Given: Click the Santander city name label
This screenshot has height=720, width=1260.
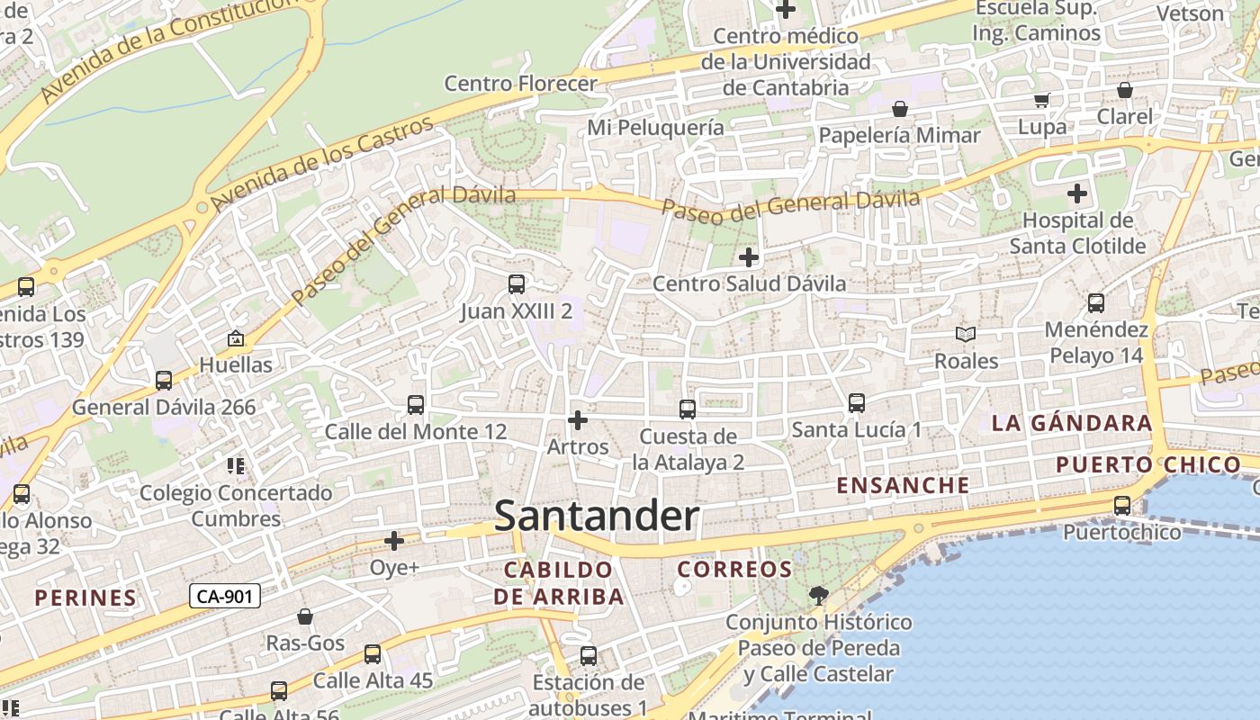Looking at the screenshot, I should point(597,517).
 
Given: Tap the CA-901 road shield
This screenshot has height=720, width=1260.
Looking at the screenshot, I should point(225,596).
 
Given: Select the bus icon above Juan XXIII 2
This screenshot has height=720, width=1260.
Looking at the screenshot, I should point(517,284).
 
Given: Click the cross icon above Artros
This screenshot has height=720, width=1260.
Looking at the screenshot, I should point(578,420).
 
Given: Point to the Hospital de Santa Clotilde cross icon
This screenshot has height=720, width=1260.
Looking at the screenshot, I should point(1077,193).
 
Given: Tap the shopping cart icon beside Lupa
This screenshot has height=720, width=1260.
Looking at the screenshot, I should point(1041,101).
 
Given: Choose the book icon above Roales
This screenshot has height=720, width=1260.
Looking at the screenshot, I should point(966,335).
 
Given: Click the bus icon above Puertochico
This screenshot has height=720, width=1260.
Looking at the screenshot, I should point(1122,506).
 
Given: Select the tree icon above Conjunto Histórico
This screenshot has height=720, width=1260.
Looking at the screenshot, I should point(819,595).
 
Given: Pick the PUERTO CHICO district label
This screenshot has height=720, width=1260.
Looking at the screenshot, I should point(1147,465).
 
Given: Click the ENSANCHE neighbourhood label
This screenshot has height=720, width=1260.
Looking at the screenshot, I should point(904,485).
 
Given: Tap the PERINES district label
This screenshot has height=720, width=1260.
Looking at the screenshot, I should point(85,598).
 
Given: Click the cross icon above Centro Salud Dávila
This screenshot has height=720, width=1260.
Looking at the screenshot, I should point(749,258).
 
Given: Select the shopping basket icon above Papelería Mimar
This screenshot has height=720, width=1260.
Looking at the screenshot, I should point(899,110).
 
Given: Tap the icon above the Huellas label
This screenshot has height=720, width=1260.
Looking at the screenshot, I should point(236,339).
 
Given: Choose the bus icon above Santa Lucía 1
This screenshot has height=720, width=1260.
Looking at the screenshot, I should point(857,403).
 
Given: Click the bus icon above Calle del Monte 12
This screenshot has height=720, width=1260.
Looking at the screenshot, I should point(416,405).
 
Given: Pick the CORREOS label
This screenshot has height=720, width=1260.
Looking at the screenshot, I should point(734,570).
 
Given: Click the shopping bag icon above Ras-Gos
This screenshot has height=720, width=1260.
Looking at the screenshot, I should point(305,616).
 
